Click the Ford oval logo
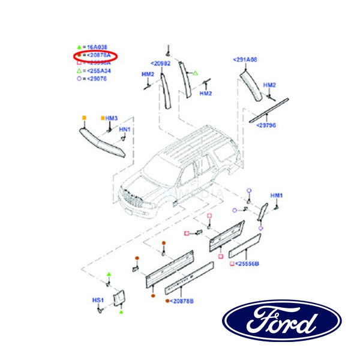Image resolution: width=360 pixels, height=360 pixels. point(282,320)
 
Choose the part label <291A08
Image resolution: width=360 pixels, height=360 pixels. point(245,60)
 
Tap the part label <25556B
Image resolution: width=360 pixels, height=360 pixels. point(246,263)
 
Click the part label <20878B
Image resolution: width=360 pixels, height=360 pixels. point(181,301)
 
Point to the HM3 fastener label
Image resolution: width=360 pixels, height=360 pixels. point(112,118)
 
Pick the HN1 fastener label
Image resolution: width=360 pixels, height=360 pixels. point(125,130)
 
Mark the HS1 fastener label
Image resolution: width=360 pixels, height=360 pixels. point(98,300)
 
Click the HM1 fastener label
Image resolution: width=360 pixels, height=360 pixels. point(276,196)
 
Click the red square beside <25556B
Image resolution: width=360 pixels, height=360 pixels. point(231,263)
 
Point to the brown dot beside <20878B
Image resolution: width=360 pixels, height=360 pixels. point(166,301)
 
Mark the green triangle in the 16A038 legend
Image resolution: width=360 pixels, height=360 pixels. point(79,46)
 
